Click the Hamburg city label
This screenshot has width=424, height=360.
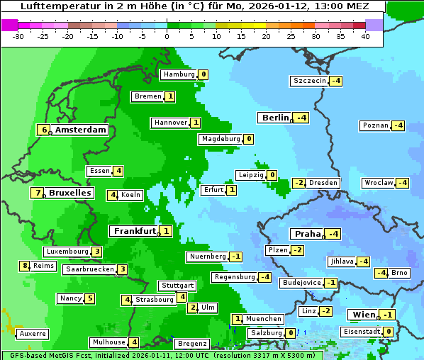click(179, 74)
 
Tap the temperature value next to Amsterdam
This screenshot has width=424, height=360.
click(45, 130)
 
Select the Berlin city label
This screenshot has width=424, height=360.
click(275, 118)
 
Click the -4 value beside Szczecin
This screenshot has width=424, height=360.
click(335, 81)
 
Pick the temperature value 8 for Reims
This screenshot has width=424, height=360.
click(25, 266)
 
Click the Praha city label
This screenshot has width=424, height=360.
click(307, 234)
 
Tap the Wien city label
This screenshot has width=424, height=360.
click(361, 315)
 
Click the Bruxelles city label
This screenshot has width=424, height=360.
click(69, 193)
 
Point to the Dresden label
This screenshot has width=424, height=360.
click(323, 183)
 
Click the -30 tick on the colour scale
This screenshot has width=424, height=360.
click(19, 36)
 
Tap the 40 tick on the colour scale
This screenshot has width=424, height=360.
click(365, 36)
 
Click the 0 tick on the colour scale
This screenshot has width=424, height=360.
click(167, 36)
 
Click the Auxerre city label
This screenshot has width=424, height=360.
click(33, 333)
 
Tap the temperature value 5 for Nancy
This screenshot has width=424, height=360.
click(90, 298)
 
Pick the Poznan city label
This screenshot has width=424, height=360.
click(375, 125)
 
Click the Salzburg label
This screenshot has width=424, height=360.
click(266, 333)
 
